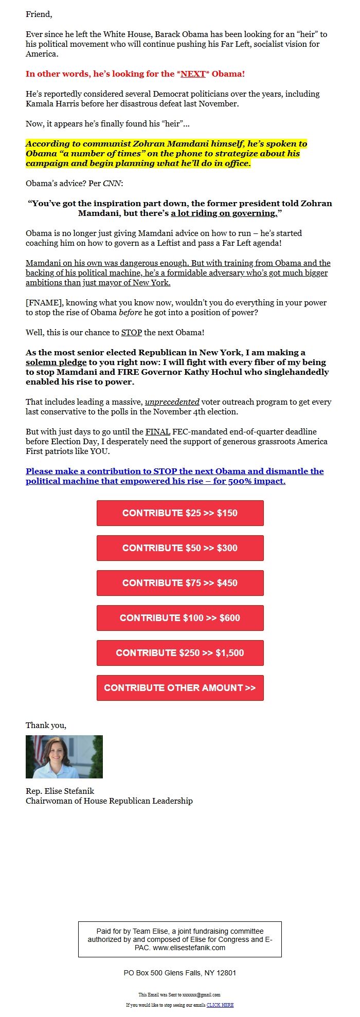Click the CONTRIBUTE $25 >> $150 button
[x=180, y=513]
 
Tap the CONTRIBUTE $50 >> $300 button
[x=180, y=548]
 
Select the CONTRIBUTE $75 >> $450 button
[x=180, y=583]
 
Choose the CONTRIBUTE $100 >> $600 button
[x=180, y=618]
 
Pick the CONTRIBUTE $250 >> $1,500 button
[x=180, y=653]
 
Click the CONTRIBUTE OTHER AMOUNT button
[x=180, y=688]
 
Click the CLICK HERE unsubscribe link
[x=220, y=1005]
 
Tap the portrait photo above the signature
[x=64, y=757]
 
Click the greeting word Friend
[x=39, y=14]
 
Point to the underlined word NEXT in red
[x=193, y=74]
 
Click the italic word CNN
[x=112, y=184]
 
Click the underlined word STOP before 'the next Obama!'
[x=132, y=333]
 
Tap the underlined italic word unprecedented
[x=172, y=402]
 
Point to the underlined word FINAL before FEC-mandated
[x=157, y=432]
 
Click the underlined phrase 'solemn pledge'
[x=56, y=362]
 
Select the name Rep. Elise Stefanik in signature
[x=60, y=791]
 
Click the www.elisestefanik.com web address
[x=189, y=948]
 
